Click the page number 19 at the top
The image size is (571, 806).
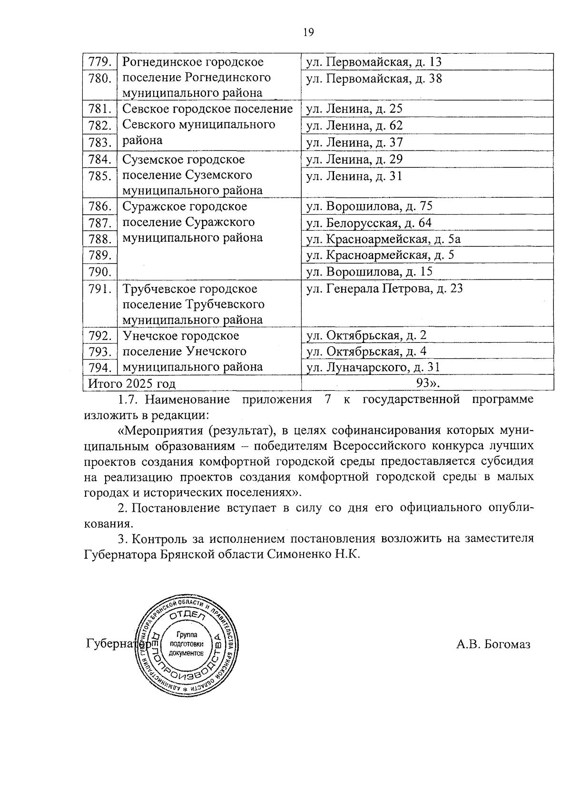(308, 32)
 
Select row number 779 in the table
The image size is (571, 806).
(100, 62)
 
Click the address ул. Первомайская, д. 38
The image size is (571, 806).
(374, 79)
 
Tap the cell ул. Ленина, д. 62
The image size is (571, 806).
(354, 126)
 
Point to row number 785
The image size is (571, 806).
(100, 177)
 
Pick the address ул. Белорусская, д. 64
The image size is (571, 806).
(369, 223)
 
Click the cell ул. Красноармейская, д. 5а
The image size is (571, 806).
(384, 239)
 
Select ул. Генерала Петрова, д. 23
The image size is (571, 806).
(384, 288)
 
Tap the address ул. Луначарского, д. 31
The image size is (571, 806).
(373, 367)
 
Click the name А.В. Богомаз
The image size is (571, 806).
(493, 644)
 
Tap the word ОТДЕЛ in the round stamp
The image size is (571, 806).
(187, 617)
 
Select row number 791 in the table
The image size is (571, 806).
(100, 289)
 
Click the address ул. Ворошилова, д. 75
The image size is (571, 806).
(369, 206)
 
